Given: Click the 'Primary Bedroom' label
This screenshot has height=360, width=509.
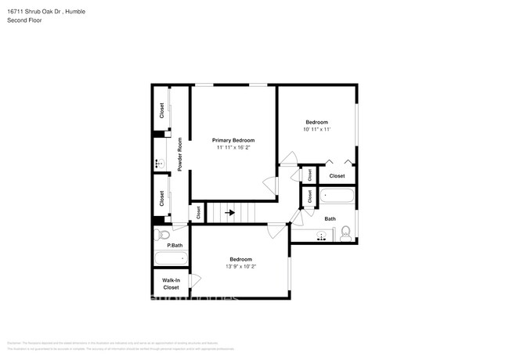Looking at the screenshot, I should [x=233, y=140].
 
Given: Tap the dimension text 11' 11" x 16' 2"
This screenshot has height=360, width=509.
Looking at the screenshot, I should [x=233, y=147].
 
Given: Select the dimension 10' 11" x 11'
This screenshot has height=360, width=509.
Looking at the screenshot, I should [x=316, y=130].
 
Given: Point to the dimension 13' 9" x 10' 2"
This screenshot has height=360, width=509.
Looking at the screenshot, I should [x=240, y=266].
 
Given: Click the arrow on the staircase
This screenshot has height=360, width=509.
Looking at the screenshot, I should [x=231, y=212].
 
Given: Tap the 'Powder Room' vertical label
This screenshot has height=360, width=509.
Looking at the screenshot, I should [x=179, y=155].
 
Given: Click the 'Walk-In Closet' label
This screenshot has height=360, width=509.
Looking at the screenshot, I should [x=171, y=283].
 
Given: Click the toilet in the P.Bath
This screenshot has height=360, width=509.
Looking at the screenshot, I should [x=163, y=235].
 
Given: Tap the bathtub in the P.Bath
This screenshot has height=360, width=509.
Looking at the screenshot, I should [x=170, y=258].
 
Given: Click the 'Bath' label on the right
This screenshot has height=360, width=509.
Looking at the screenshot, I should [x=330, y=219].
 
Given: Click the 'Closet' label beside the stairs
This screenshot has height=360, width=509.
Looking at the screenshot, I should [x=198, y=212].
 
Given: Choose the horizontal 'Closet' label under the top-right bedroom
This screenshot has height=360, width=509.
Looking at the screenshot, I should [x=337, y=176].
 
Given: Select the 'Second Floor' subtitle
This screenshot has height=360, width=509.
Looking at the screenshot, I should [x=24, y=20].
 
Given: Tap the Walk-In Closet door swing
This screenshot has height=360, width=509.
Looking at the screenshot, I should [x=195, y=279].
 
